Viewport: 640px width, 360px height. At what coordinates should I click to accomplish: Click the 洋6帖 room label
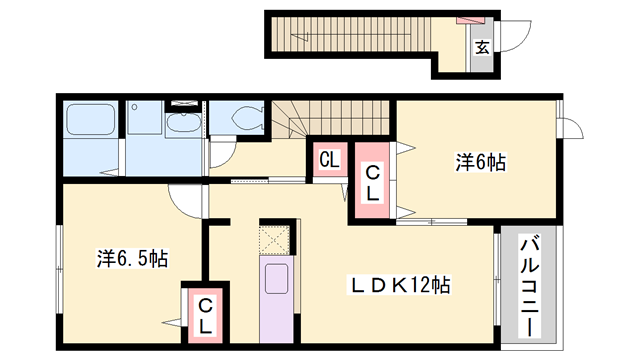(x=480, y=162)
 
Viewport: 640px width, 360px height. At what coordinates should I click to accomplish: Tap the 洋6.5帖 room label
(x=132, y=258)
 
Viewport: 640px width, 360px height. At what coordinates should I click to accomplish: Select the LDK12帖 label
(x=398, y=285)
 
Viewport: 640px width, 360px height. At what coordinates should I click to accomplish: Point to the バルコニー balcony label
(x=529, y=285)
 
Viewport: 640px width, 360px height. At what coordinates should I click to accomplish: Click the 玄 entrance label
(x=482, y=47)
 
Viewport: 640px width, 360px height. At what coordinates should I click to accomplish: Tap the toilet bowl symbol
(x=247, y=118)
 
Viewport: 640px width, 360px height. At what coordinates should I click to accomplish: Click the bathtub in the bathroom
(x=90, y=119)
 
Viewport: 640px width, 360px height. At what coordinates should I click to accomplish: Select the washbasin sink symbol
(x=184, y=122)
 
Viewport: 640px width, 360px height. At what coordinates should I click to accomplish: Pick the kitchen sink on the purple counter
(x=276, y=278)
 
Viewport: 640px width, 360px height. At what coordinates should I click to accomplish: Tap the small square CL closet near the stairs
(x=330, y=160)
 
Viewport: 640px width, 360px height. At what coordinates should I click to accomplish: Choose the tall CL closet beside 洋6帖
(x=372, y=180)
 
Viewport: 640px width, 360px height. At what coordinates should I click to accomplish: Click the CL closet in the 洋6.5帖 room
(x=205, y=315)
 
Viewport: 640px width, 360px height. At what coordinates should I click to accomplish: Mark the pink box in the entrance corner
(x=470, y=20)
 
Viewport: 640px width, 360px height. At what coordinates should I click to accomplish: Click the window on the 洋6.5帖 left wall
(x=59, y=269)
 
